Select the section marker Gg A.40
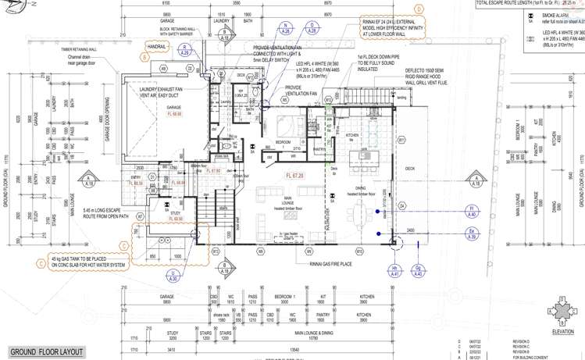[418, 271]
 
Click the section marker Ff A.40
[472, 209]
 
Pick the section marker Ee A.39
[472, 232]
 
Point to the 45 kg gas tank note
[87, 262]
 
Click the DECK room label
[410, 169]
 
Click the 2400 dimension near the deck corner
[409, 230]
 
